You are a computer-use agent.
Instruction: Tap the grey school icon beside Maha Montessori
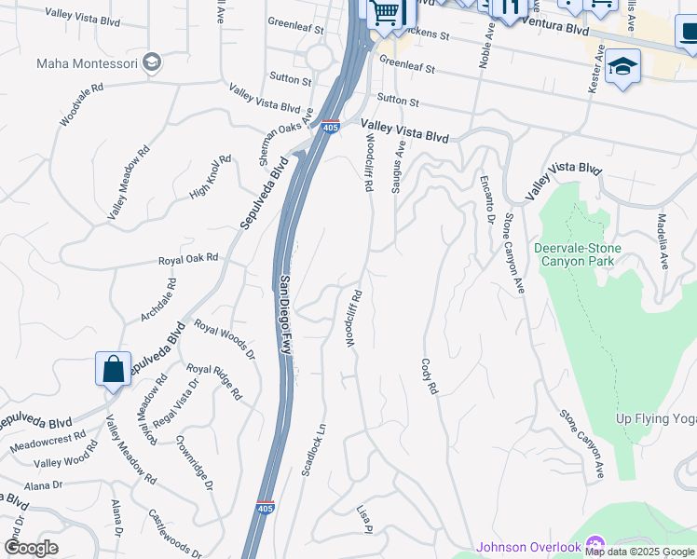152,62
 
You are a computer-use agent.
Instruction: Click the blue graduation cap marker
622,67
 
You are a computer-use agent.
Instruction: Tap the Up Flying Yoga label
656,418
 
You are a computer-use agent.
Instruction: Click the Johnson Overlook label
528,547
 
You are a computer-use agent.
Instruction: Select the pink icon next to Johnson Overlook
596,545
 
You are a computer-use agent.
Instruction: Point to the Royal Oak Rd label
187,258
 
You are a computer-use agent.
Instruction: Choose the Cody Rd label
430,376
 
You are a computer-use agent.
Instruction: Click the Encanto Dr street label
486,198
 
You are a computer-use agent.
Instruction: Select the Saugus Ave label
399,166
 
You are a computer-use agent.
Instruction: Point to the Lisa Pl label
364,520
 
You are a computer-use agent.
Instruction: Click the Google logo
31,548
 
